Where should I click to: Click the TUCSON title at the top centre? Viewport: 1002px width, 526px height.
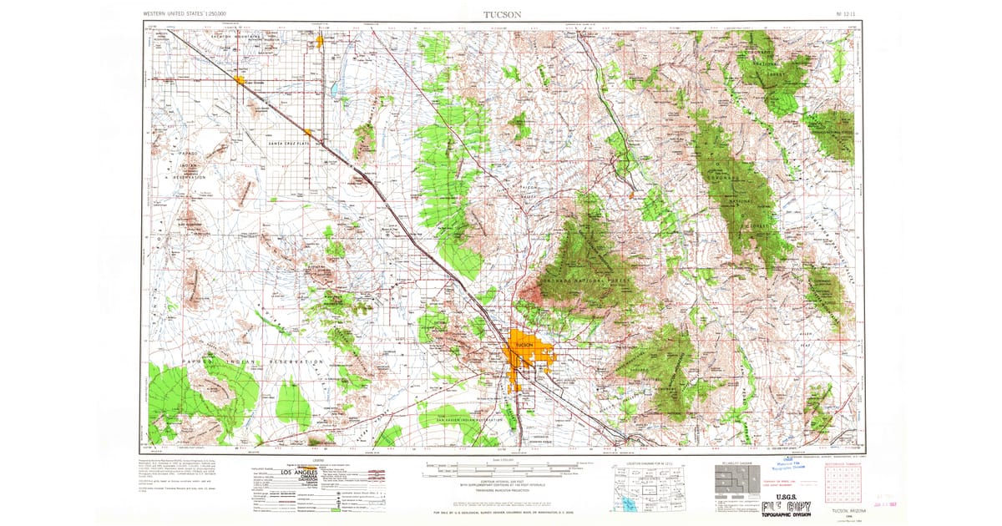502,14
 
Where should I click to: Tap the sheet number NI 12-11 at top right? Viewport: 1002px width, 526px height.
846,14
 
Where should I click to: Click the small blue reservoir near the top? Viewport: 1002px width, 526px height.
335,88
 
